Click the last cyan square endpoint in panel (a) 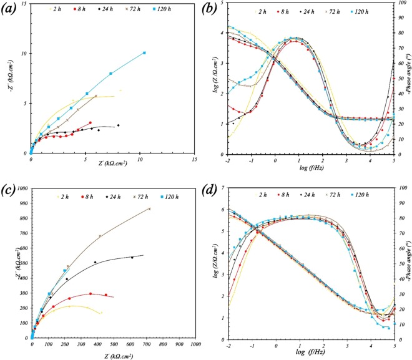[x=144, y=53]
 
